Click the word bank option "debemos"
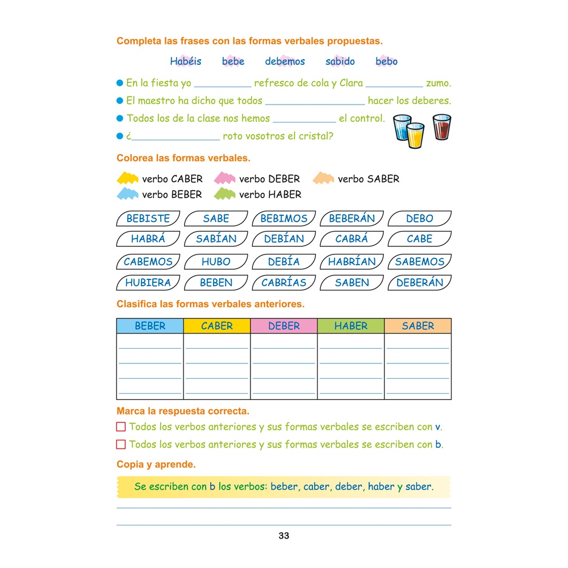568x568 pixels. pos(285,61)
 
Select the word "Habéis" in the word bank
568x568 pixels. pos(185,61)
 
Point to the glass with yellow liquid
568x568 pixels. pos(415,136)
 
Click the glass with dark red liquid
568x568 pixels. pos(441,127)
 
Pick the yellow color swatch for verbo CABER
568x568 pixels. pos(128,178)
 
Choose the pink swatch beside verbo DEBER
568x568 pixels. pos(225,178)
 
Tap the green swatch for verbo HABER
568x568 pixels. pos(225,194)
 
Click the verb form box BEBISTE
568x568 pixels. pos(148,219)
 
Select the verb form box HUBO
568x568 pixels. pos(216,262)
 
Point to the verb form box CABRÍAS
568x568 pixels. pos(284,282)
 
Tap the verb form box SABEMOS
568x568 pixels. pos(420,262)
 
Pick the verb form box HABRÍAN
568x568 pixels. pos(352,262)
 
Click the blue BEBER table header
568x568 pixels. pos(150,326)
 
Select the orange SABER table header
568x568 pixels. pos(418,326)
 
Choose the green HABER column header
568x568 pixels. pos(351,326)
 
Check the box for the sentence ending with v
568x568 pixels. pos(121,427)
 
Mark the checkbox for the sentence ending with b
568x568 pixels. pos(121,444)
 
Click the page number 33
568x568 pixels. pos(284,536)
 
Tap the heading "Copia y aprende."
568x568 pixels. pos(156,464)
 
